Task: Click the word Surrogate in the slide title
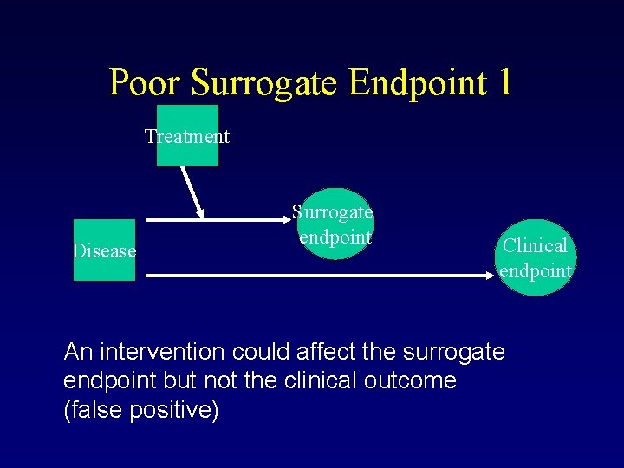pyautogui.click(x=265, y=83)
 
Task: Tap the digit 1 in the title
pyautogui.click(x=504, y=83)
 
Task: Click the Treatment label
pyautogui.click(x=187, y=136)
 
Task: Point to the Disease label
pyautogui.click(x=105, y=251)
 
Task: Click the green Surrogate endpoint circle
pyautogui.click(x=335, y=224)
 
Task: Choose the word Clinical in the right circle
pyautogui.click(x=536, y=245)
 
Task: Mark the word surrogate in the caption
pyautogui.click(x=460, y=352)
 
